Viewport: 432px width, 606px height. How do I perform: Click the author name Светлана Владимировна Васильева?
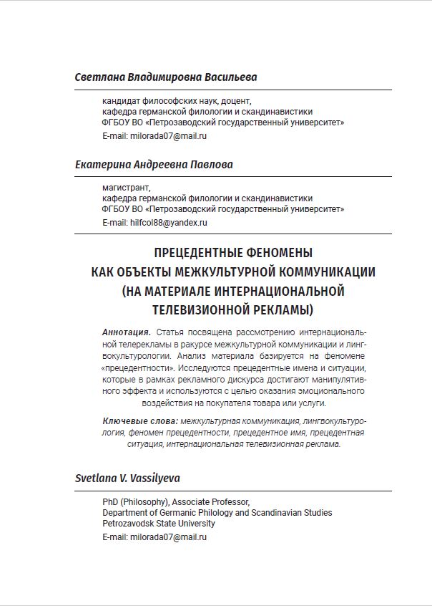tap(165, 77)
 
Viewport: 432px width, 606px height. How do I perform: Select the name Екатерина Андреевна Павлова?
tap(154, 165)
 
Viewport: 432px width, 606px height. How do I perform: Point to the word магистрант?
tap(122, 188)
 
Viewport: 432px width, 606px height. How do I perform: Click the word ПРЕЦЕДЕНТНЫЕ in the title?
tap(202, 253)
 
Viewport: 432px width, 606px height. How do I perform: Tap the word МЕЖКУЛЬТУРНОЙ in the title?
tap(225, 272)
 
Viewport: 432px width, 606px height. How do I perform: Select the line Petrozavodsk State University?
tap(158, 524)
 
